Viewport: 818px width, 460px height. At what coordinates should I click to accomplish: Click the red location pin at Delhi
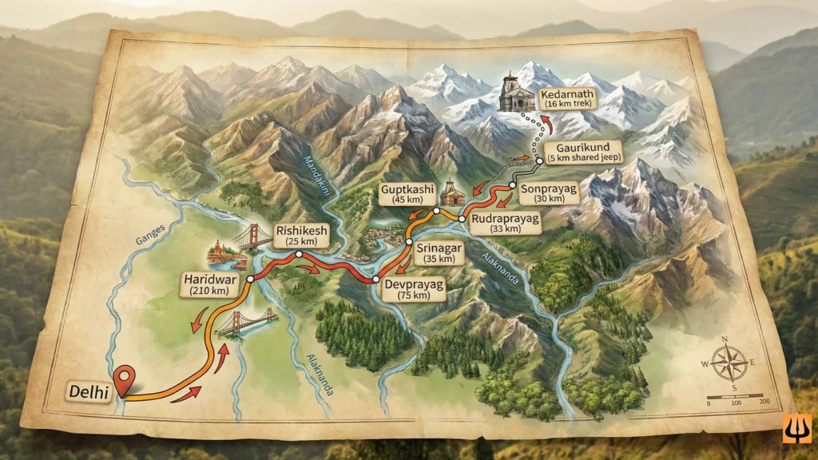(122, 379)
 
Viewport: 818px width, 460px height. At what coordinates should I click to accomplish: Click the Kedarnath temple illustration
(512, 93)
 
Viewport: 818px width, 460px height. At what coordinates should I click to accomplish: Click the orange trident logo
(797, 427)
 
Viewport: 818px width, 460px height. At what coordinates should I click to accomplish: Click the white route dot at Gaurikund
(539, 161)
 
